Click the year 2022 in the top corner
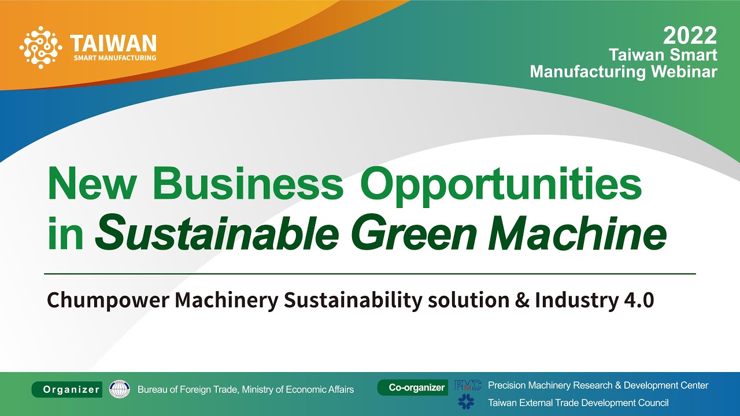pyautogui.click(x=690, y=36)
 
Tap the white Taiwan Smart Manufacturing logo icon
pyautogui.click(x=40, y=47)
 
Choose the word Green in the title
pyautogui.click(x=416, y=234)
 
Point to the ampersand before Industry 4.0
pyautogui.click(x=523, y=301)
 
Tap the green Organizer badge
pyautogui.click(x=67, y=389)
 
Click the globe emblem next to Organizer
pyautogui.click(x=120, y=389)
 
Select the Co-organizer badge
pyautogui.click(x=413, y=388)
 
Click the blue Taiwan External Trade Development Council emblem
pyautogui.click(x=466, y=402)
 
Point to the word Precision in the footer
pyautogui.click(x=507, y=385)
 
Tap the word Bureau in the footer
pyautogui.click(x=151, y=389)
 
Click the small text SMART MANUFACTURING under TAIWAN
pyautogui.click(x=114, y=58)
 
